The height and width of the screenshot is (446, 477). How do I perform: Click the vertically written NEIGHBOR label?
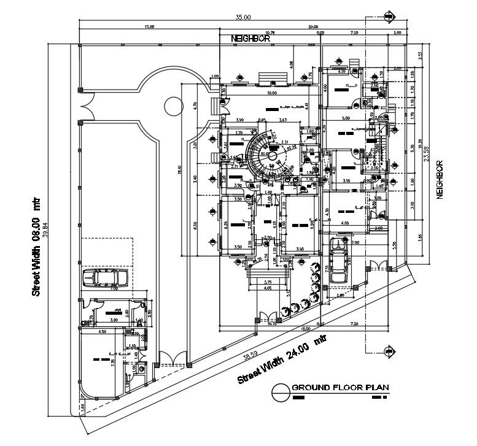[440, 179]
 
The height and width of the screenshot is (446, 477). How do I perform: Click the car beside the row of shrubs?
[336, 261]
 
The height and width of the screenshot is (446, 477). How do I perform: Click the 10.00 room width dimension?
[271, 93]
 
